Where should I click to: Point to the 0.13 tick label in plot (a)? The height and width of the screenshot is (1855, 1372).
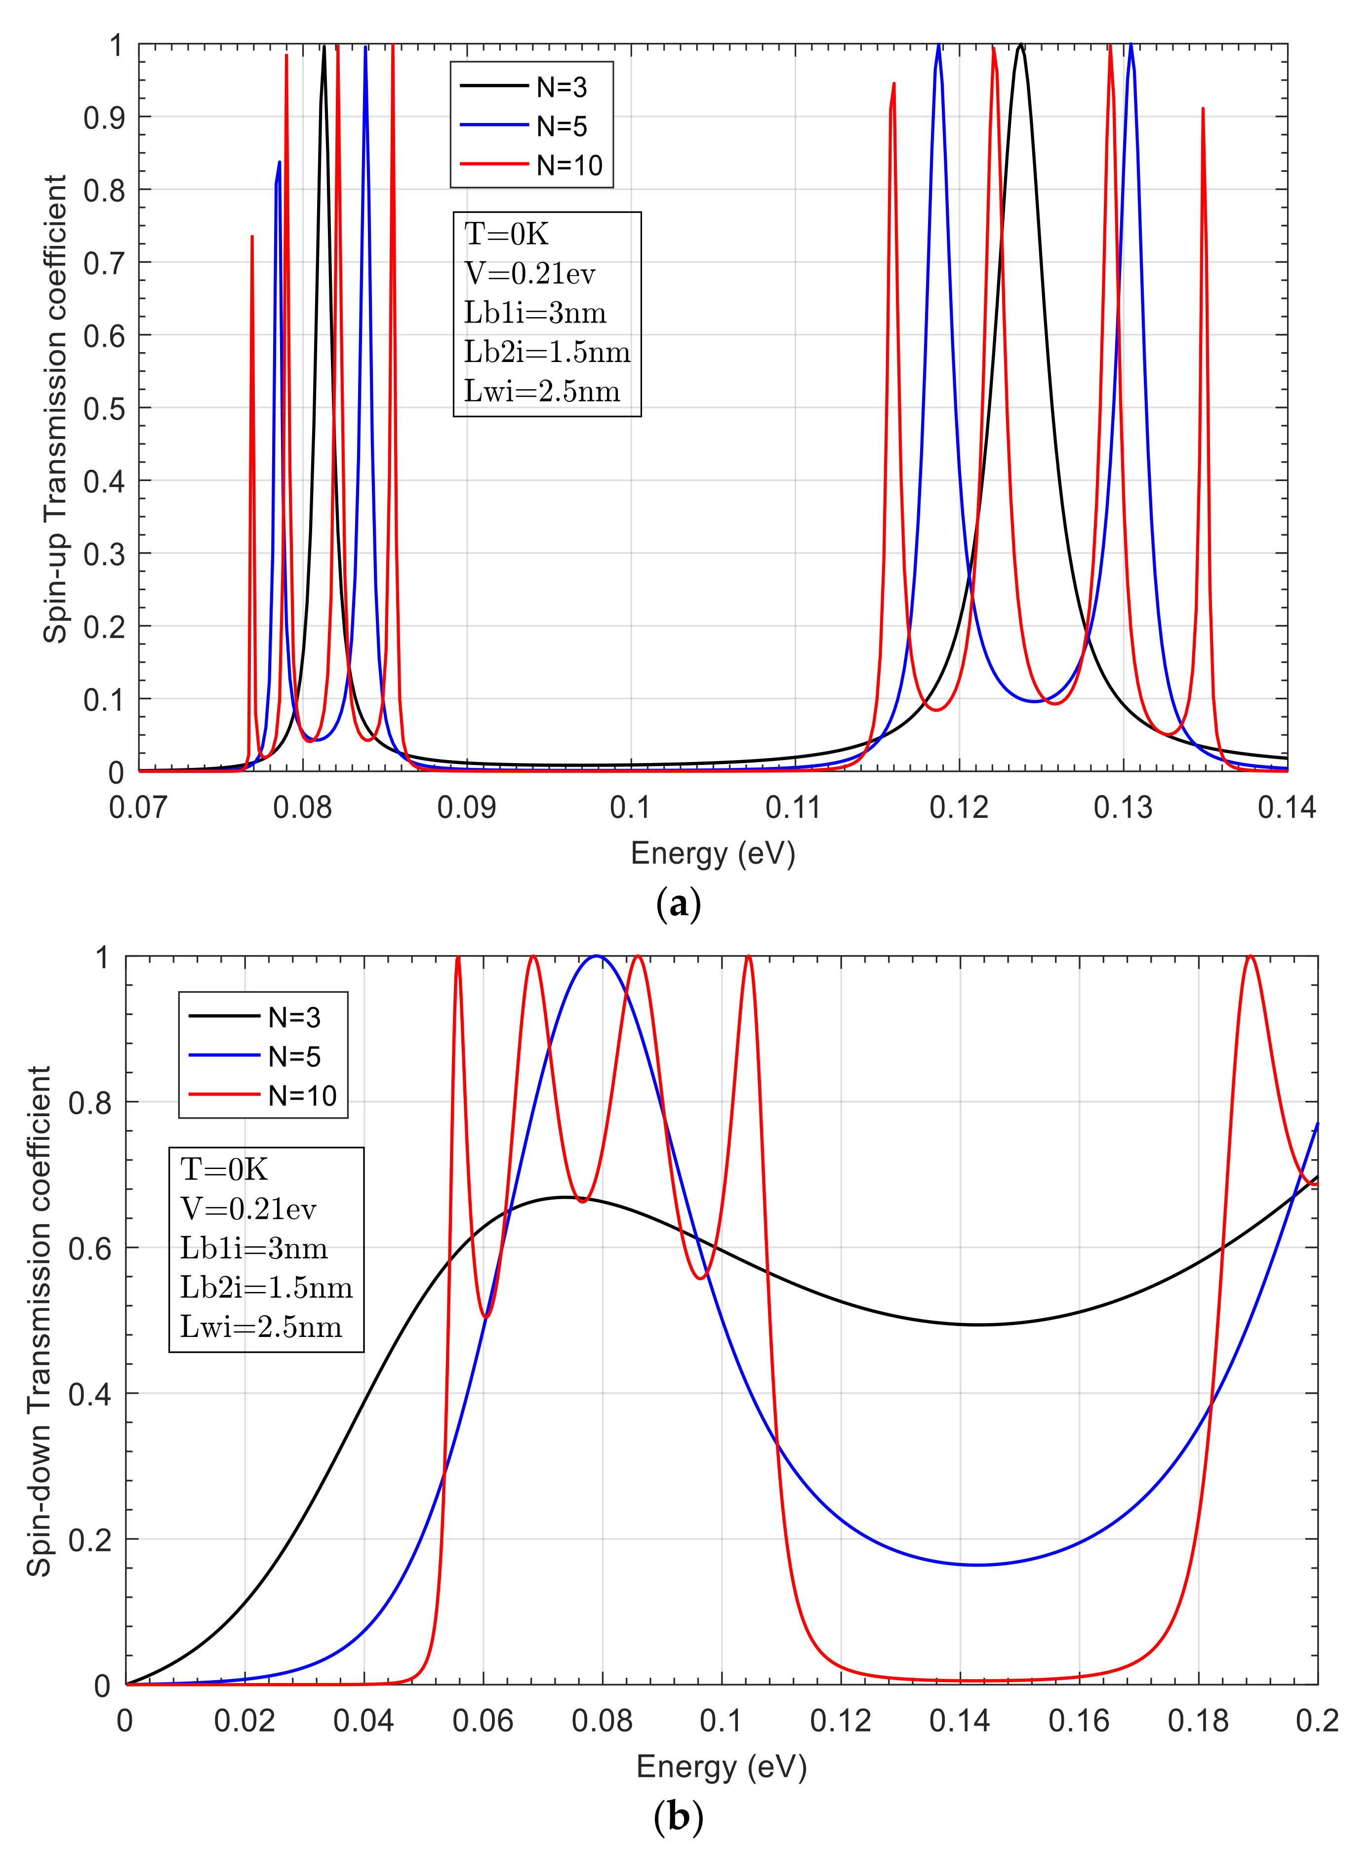1123,807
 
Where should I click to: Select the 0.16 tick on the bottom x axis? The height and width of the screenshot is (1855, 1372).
1079,1721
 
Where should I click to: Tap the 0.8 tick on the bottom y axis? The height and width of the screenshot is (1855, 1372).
90,1103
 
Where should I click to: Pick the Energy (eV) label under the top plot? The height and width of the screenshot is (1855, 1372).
713,853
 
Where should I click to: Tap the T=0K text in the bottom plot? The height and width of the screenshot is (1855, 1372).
224,1169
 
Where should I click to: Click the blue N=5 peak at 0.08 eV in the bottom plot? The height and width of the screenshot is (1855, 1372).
596,958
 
